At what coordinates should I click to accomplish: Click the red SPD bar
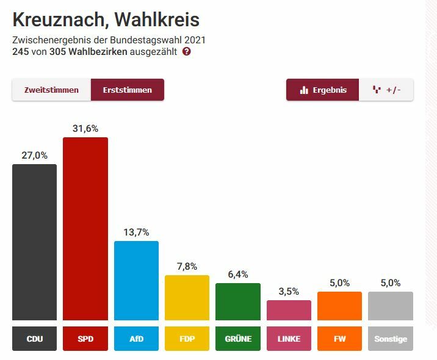click(85, 229)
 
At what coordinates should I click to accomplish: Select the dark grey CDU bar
click(35, 242)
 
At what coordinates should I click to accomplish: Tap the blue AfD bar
click(136, 281)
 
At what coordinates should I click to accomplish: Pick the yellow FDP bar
click(187, 298)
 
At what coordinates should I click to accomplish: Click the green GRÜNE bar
click(238, 302)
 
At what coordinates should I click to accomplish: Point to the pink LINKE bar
click(289, 310)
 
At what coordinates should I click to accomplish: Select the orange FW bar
click(339, 306)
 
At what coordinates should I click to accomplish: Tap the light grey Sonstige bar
click(391, 306)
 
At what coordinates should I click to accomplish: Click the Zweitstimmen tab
click(51, 90)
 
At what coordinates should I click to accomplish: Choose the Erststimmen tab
click(128, 90)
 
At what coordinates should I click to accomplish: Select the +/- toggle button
click(386, 90)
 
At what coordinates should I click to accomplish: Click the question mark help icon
click(187, 52)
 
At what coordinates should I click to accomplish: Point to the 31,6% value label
click(85, 129)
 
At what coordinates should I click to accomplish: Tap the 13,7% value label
click(136, 232)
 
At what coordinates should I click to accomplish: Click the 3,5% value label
click(289, 292)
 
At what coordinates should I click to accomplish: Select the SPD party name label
click(85, 339)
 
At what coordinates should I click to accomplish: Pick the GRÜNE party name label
click(238, 339)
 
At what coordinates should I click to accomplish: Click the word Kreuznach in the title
click(58, 20)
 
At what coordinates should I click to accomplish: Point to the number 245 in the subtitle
click(21, 52)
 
